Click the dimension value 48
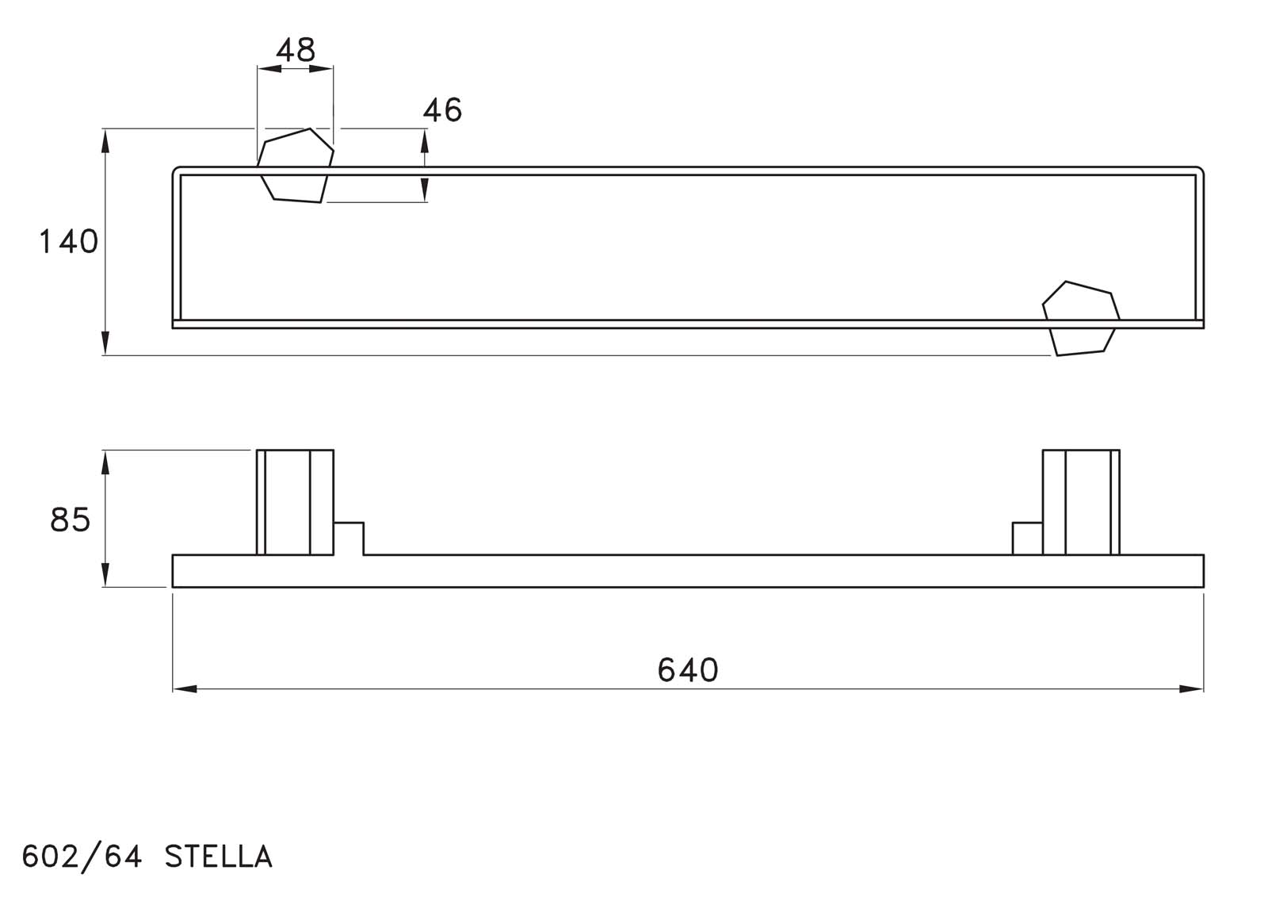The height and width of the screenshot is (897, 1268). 296,51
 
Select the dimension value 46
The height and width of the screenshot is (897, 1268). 443,110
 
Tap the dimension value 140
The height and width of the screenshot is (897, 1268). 69,242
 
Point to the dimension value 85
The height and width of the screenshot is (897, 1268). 71,519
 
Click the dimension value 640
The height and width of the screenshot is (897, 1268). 688,669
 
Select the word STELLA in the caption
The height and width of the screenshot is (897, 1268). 219,857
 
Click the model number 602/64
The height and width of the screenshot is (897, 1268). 82,857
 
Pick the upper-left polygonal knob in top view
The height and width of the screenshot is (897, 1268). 295,165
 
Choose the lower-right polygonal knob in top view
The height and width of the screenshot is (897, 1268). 1081,319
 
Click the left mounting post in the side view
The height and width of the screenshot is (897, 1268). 295,502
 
